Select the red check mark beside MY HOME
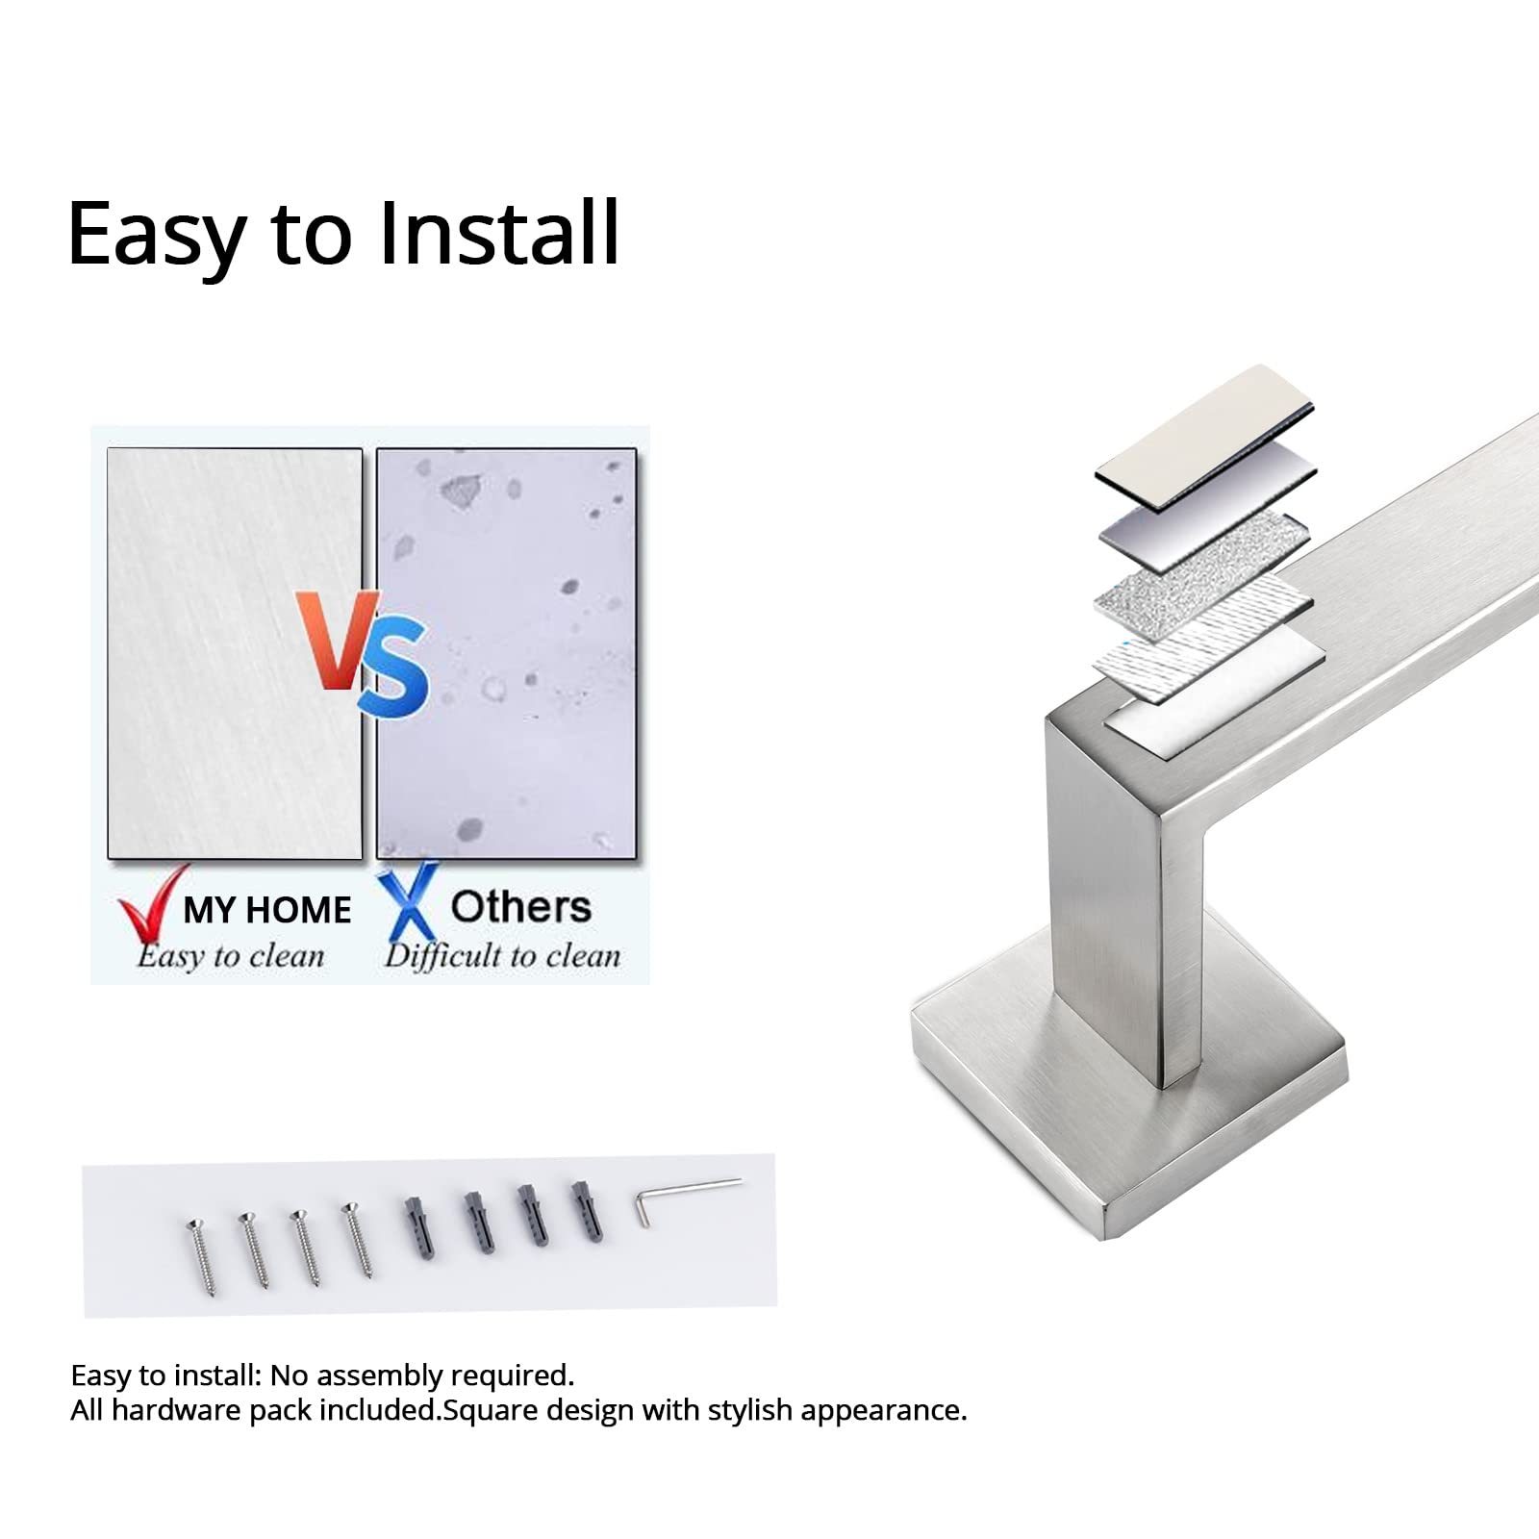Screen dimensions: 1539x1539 coord(152,904)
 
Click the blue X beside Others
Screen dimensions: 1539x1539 coord(408,901)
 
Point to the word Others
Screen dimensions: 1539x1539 coord(520,907)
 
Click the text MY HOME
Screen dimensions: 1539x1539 coord(267,910)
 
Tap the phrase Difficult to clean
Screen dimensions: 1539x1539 coord(502,956)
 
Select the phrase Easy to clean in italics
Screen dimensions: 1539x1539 coord(231,956)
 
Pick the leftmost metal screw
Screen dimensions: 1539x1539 coord(201,1255)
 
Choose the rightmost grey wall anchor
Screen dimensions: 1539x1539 coord(588,1210)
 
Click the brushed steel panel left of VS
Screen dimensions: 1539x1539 coord(235,653)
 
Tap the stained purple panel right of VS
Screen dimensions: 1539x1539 coord(507,653)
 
